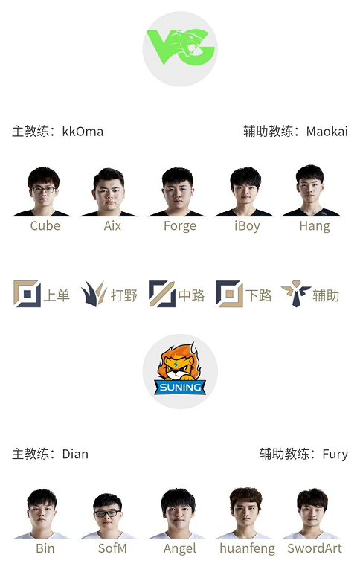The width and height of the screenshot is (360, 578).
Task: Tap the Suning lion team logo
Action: click(x=180, y=373)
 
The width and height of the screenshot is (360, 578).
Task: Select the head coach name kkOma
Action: click(x=83, y=132)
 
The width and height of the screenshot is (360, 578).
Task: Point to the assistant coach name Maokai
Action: click(x=327, y=132)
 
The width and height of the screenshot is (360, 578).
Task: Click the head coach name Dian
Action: click(x=75, y=454)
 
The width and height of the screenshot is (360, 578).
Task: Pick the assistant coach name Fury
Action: click(x=335, y=454)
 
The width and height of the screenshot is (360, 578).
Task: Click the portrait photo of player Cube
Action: click(x=43, y=192)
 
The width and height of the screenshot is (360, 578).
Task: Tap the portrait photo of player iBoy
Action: click(x=245, y=192)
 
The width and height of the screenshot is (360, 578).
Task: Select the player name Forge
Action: click(x=180, y=226)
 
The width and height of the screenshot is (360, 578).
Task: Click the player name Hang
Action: click(x=315, y=226)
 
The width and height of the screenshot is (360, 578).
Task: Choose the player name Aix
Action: click(x=112, y=225)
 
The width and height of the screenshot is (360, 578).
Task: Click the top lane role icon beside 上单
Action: click(x=27, y=294)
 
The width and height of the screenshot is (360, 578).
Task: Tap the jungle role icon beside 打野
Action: click(x=94, y=294)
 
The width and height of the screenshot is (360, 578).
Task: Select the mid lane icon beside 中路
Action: click(x=162, y=294)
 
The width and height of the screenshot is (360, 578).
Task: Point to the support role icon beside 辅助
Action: click(x=296, y=294)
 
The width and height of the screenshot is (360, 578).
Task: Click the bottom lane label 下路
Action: click(x=259, y=295)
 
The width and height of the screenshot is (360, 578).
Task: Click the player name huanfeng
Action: click(x=247, y=548)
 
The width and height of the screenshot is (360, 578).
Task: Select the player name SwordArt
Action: click(x=315, y=548)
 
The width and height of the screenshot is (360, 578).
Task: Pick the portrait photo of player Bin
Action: click(x=42, y=515)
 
